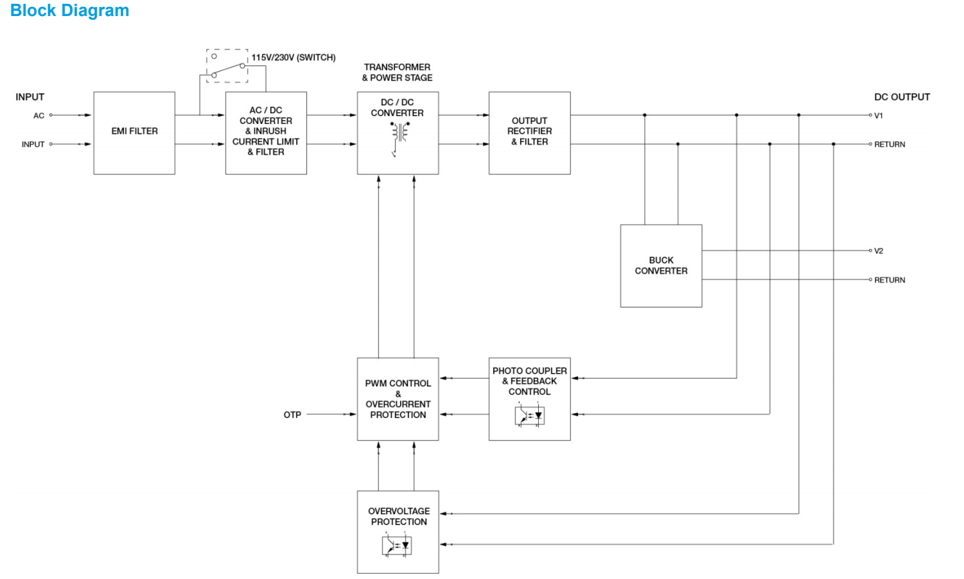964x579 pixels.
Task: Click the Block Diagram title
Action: point(69,11)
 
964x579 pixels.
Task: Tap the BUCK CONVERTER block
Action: point(661,266)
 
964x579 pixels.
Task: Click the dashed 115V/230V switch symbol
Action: point(227,66)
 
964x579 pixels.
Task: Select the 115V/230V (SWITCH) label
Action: point(294,58)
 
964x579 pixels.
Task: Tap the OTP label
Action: point(292,415)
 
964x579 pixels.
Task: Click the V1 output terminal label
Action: point(879,116)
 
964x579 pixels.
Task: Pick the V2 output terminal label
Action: point(879,251)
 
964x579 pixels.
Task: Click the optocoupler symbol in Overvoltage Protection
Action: point(396,546)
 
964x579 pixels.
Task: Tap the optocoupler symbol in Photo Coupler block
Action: point(529,416)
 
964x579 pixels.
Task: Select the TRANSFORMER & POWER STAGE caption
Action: point(397,73)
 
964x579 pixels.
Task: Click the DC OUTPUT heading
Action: point(902,97)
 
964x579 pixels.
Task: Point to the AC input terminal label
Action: point(39,116)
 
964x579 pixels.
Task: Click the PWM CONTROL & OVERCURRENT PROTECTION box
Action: point(398,399)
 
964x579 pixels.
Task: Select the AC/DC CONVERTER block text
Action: point(266,132)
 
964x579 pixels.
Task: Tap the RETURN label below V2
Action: point(890,281)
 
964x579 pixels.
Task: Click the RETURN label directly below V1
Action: point(890,145)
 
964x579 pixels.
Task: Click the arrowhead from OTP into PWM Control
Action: point(352,415)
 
